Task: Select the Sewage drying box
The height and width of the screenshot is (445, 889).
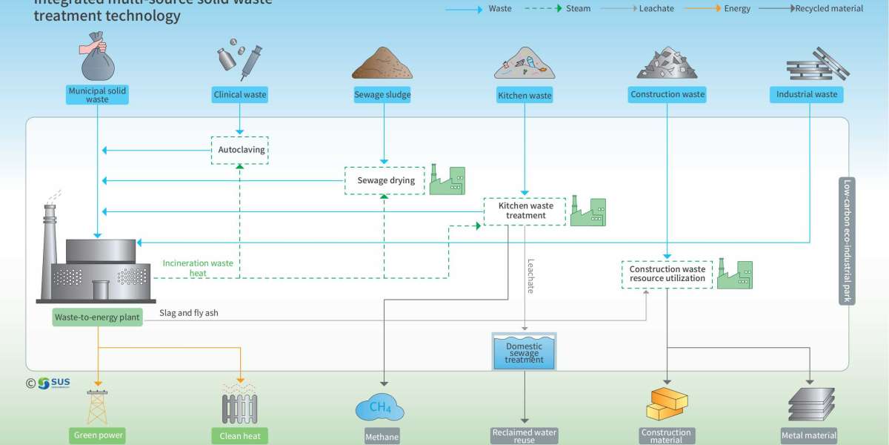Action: coord(382,181)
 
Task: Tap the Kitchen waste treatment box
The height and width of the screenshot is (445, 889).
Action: coord(525,211)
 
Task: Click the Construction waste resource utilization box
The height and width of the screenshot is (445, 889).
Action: coord(667,274)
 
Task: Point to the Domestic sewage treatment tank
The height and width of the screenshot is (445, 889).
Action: coord(524,352)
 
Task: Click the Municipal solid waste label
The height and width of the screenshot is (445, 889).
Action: coord(97,95)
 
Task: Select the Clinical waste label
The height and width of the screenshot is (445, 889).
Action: coord(239,95)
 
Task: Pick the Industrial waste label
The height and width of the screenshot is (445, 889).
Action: coord(806,95)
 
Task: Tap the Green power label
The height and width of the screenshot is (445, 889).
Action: coord(98,435)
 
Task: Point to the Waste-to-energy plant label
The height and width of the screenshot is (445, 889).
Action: coord(97,317)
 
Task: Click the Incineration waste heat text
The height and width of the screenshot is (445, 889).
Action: coord(198,268)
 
